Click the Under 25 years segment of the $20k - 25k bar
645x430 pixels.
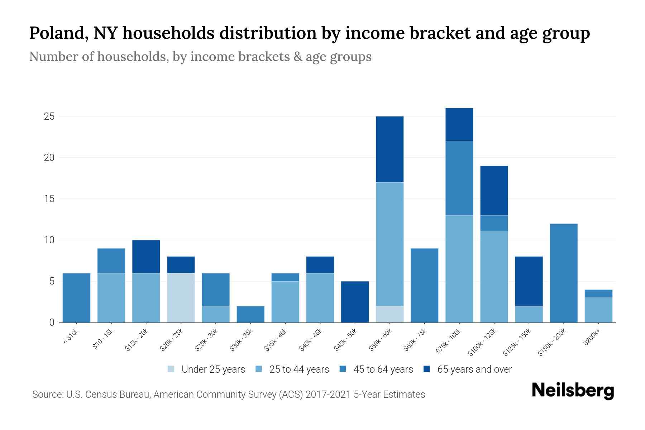pyautogui.click(x=181, y=297)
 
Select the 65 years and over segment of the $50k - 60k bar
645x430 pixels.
pyautogui.click(x=390, y=149)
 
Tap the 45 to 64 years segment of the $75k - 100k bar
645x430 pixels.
pyautogui.click(x=459, y=178)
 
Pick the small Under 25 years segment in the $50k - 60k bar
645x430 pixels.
pyautogui.click(x=390, y=314)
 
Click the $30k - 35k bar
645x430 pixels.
pyautogui.click(x=250, y=314)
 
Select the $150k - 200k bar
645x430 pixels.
pyautogui.click(x=563, y=273)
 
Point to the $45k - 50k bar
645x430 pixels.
pyautogui.click(x=355, y=302)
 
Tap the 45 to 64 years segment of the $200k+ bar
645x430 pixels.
pyautogui.click(x=598, y=293)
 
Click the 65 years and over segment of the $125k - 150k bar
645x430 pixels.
pyautogui.click(x=529, y=281)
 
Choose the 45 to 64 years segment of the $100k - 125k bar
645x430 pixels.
pyautogui.click(x=494, y=223)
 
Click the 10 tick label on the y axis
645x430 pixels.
pyautogui.click(x=49, y=240)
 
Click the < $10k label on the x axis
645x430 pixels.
pyautogui.click(x=71, y=336)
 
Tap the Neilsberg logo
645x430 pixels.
pyautogui.click(x=573, y=391)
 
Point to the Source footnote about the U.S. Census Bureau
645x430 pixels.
pyautogui.click(x=229, y=395)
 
